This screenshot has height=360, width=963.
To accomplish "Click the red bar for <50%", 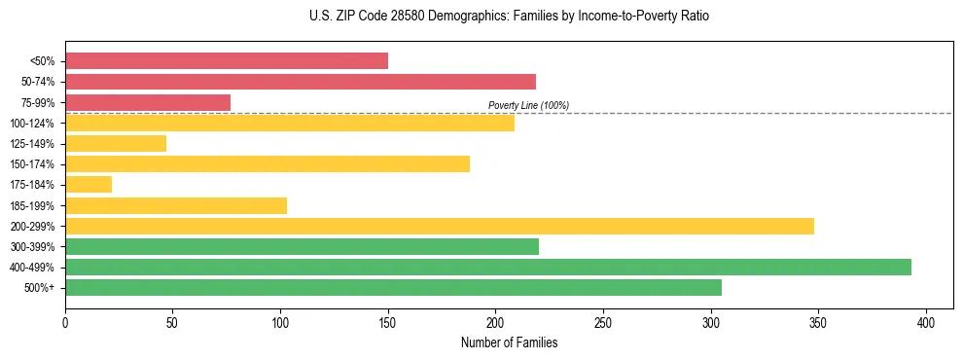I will click(x=227, y=61).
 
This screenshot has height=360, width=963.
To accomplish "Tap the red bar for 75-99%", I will click(x=148, y=102).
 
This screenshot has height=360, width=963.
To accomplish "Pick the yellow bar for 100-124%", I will click(x=290, y=123).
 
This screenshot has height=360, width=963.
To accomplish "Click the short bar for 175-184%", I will click(x=89, y=184).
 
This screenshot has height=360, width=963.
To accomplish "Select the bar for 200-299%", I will click(x=440, y=226).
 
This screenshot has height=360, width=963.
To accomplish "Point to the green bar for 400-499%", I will click(x=488, y=267).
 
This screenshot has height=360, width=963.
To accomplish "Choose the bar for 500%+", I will click(x=393, y=287).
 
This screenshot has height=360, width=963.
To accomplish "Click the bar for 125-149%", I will click(x=116, y=143).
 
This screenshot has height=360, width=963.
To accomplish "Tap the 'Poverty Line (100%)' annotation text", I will click(x=528, y=105).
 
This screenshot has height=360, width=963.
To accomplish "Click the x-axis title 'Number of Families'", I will click(x=509, y=342).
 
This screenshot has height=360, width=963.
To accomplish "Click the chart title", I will click(x=509, y=17).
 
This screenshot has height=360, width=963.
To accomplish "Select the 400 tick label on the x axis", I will click(x=926, y=322).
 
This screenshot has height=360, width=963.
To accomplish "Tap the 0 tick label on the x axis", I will click(x=65, y=322).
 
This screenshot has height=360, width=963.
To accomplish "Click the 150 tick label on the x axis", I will click(x=388, y=322).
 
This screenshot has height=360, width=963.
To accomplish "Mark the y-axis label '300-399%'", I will click(x=35, y=246).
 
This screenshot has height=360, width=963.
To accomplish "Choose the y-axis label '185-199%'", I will click(x=35, y=205).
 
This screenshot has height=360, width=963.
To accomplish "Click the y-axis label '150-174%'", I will click(x=35, y=164).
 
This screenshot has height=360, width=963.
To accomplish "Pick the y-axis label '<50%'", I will click(x=42, y=61).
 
